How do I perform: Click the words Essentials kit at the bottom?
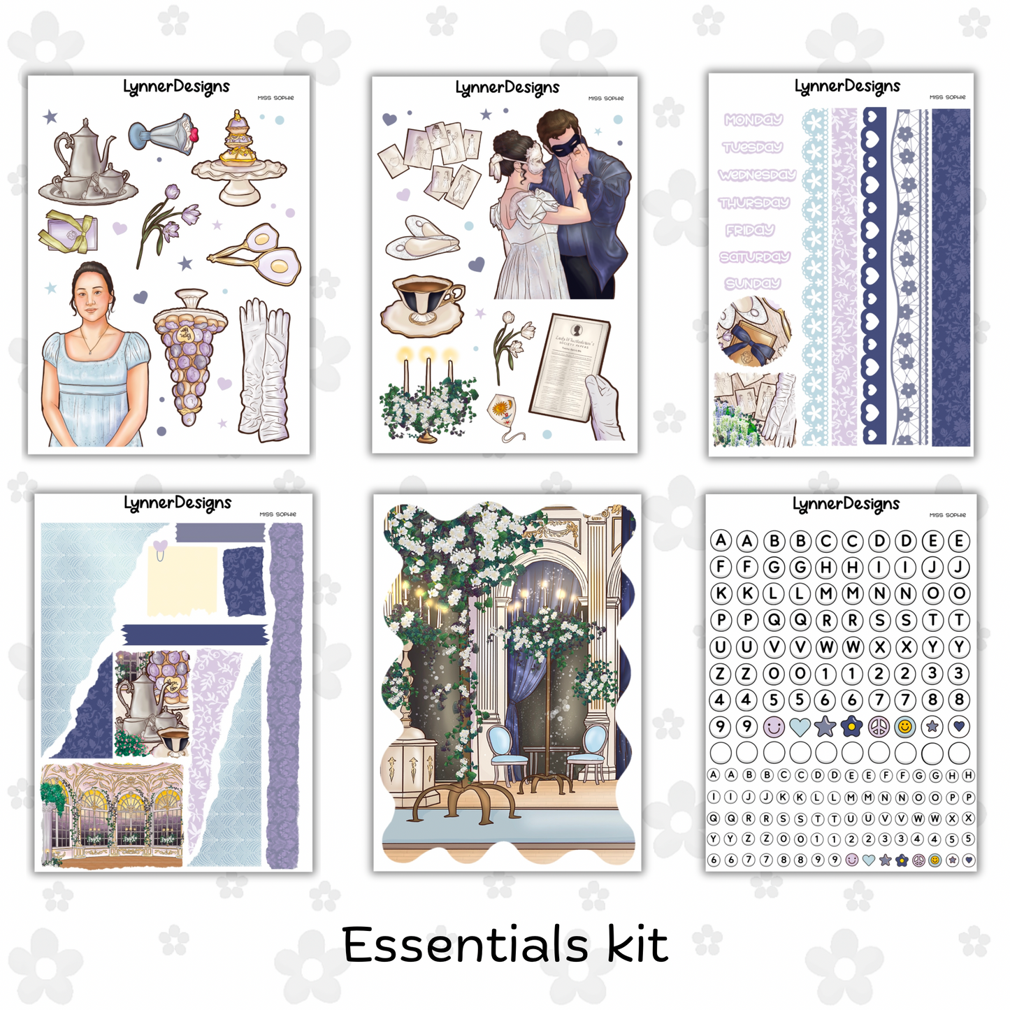tap(505, 945)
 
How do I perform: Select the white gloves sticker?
tap(264, 370)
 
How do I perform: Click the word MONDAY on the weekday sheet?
tap(753, 120)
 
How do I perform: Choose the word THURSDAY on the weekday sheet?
tap(753, 203)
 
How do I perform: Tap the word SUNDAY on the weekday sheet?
tap(752, 284)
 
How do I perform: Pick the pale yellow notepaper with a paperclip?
tap(184, 579)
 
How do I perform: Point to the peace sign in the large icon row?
tap(879, 727)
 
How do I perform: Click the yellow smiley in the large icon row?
tap(905, 727)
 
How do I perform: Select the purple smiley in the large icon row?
tap(773, 727)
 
